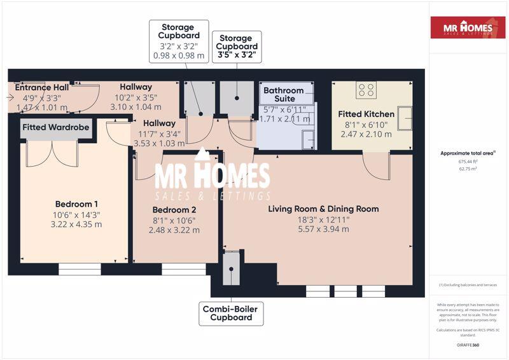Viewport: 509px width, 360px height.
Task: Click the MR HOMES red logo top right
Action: coord(468,27)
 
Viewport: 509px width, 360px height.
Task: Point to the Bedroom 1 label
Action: coord(74,204)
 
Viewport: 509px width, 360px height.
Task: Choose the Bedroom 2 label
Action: coord(174,210)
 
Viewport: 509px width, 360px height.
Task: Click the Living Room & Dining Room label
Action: coord(323,209)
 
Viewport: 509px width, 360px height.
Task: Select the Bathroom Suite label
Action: coord(284,95)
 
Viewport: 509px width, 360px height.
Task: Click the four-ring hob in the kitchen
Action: coord(366,90)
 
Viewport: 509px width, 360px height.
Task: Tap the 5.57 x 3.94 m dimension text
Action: coord(323,229)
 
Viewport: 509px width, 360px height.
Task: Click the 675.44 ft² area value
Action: coord(468,162)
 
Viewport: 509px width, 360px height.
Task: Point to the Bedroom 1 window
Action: coord(80,270)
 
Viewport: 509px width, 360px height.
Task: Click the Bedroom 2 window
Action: coord(183,270)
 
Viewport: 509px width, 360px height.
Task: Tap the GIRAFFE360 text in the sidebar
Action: coord(468,345)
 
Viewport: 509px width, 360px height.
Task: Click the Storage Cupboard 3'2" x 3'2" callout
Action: coord(179,41)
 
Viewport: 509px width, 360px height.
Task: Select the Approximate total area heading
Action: coord(468,153)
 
